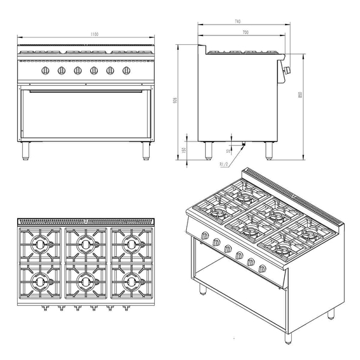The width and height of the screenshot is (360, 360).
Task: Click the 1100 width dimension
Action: tap(94, 34)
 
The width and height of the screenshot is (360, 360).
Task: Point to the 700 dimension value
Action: tap(244, 31)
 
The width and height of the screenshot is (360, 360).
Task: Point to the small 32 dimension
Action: tap(229, 151)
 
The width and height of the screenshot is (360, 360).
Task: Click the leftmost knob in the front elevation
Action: tap(45, 70)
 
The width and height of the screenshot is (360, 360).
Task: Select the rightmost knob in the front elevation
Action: tap(126, 70)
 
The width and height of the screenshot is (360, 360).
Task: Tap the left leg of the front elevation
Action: tap(26, 150)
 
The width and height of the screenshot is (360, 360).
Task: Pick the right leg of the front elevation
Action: tap(146, 150)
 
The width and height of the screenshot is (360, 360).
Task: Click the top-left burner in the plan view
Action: tap(40, 244)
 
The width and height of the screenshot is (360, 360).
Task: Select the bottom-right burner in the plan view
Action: tap(131, 279)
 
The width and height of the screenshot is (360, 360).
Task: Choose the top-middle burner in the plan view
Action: tap(85, 244)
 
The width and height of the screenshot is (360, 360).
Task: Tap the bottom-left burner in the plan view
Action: tap(40, 279)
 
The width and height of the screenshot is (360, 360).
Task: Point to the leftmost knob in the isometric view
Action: tap(205, 236)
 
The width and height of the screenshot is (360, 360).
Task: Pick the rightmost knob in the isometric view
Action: tap(263, 268)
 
